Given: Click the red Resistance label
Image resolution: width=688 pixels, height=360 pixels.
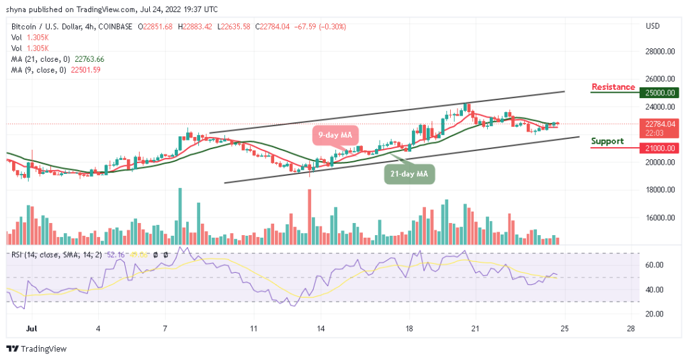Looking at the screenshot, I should tap(613, 87).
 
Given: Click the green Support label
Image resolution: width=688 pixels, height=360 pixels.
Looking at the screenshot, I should tap(607, 142).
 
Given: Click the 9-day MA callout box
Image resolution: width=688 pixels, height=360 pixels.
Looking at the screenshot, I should tap(335, 136).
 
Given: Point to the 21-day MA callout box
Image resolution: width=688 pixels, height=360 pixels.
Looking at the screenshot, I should tap(409, 175).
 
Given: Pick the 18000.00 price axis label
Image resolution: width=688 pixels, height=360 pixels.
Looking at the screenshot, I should tap(659, 190).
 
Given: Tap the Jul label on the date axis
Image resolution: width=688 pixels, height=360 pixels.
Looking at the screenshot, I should tap(31, 329).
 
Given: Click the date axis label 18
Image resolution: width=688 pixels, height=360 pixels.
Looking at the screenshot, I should tap(408, 329).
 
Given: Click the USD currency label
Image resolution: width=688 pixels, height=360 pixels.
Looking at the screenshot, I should tap(652, 26).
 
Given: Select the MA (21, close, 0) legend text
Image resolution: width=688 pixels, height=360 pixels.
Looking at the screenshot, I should tap(39, 59).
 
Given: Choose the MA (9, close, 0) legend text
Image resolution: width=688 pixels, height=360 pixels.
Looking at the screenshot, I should tap(37, 70).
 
